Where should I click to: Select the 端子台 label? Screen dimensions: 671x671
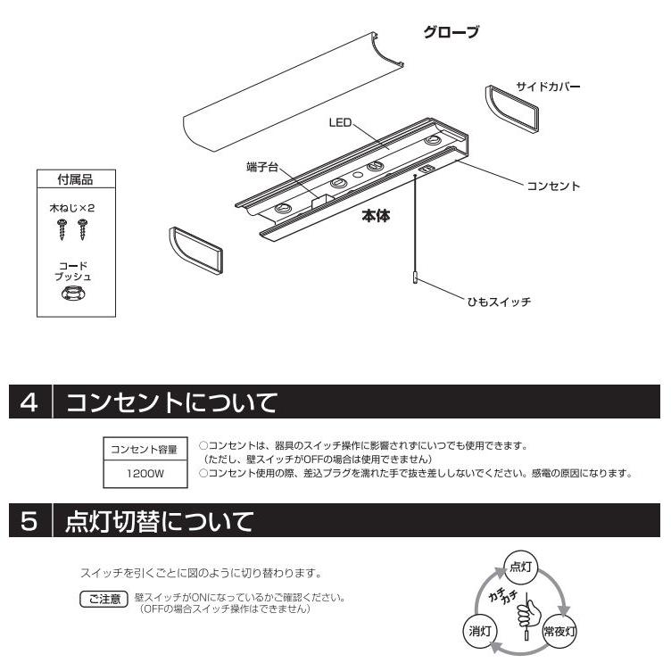click(x=263, y=166)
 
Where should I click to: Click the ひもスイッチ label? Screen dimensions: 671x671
click(x=496, y=302)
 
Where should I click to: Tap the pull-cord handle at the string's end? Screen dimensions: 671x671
click(x=415, y=278)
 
